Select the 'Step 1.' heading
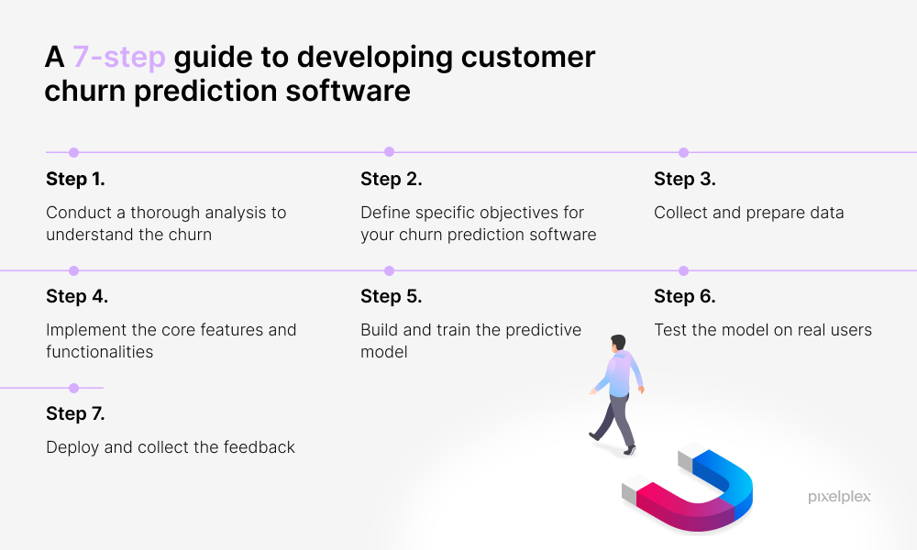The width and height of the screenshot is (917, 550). [x=75, y=179]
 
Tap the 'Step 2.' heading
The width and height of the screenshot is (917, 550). [x=392, y=179]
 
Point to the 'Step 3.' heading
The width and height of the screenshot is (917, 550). [x=685, y=179]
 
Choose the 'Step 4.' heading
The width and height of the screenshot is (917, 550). [x=77, y=296]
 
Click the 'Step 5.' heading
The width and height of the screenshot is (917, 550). [x=392, y=296]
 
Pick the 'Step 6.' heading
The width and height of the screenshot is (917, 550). [x=685, y=296]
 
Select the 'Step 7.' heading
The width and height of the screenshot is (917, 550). [x=75, y=413]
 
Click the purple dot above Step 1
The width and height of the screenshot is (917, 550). [x=73, y=152]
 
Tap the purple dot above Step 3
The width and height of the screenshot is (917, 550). [x=684, y=152]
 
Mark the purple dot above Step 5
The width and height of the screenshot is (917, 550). [x=390, y=270]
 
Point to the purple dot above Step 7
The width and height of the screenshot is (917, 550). [x=73, y=388]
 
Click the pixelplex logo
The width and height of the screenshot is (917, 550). [x=839, y=497]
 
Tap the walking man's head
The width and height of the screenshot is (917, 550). [x=618, y=343]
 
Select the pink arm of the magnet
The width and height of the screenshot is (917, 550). [x=672, y=506]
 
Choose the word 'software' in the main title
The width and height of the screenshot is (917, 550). [x=348, y=91]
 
